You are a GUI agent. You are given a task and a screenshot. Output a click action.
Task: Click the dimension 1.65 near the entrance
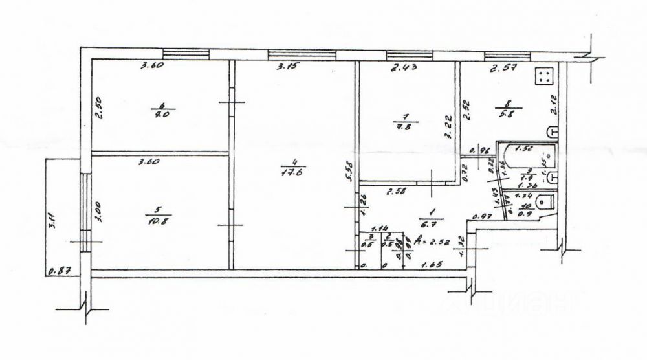pyautogui.click(x=432, y=265)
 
